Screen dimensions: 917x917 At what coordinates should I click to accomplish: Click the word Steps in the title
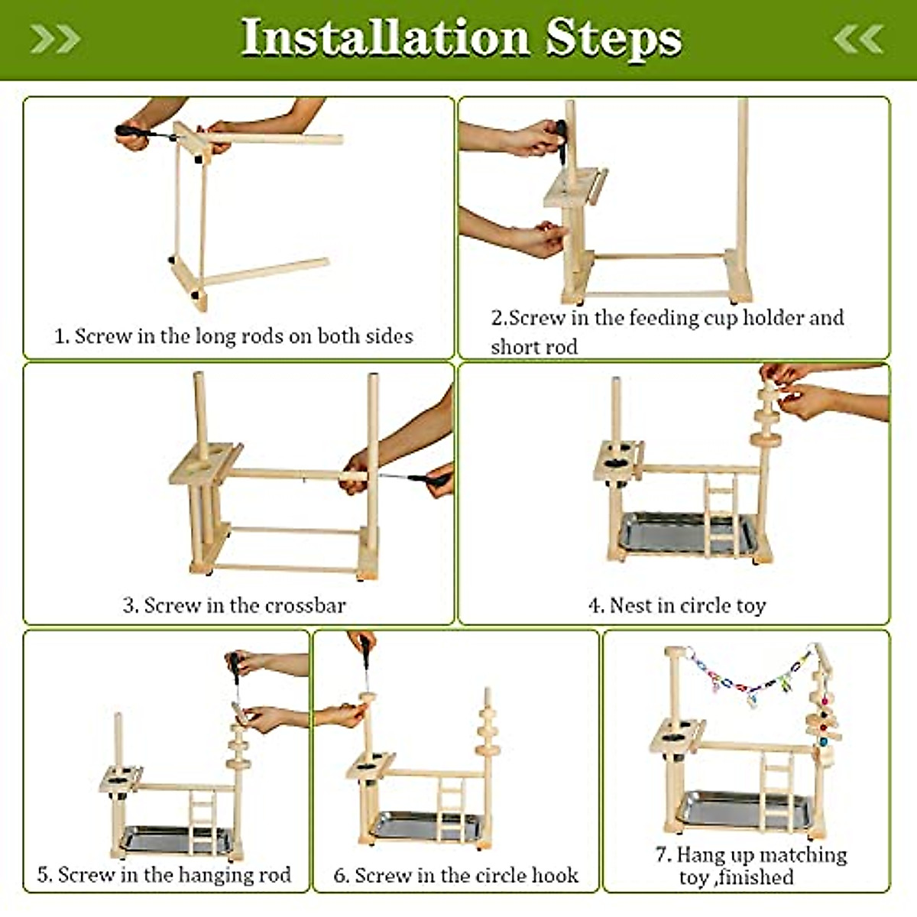(x=612, y=38)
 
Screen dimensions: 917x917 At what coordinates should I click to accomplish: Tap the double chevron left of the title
(x=55, y=38)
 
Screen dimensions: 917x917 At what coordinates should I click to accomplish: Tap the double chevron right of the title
(x=859, y=38)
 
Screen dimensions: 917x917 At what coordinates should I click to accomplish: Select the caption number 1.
(x=60, y=336)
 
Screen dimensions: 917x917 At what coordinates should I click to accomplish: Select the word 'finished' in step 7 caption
(x=757, y=877)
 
